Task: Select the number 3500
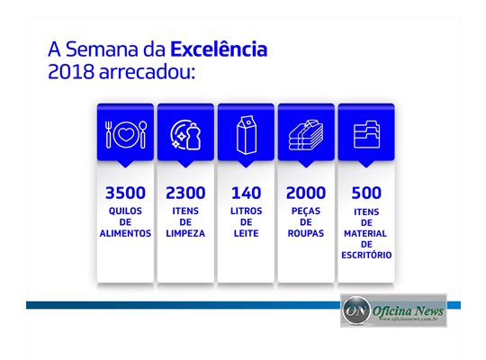[125, 193]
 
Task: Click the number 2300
[185, 193]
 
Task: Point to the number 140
[246, 193]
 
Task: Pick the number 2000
[306, 193]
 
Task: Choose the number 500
[366, 193]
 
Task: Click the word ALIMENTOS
[125, 233]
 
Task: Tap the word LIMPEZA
[185, 233]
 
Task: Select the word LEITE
[246, 233]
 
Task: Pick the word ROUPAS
[306, 233]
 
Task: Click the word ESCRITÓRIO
[366, 255]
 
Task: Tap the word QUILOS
[125, 211]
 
